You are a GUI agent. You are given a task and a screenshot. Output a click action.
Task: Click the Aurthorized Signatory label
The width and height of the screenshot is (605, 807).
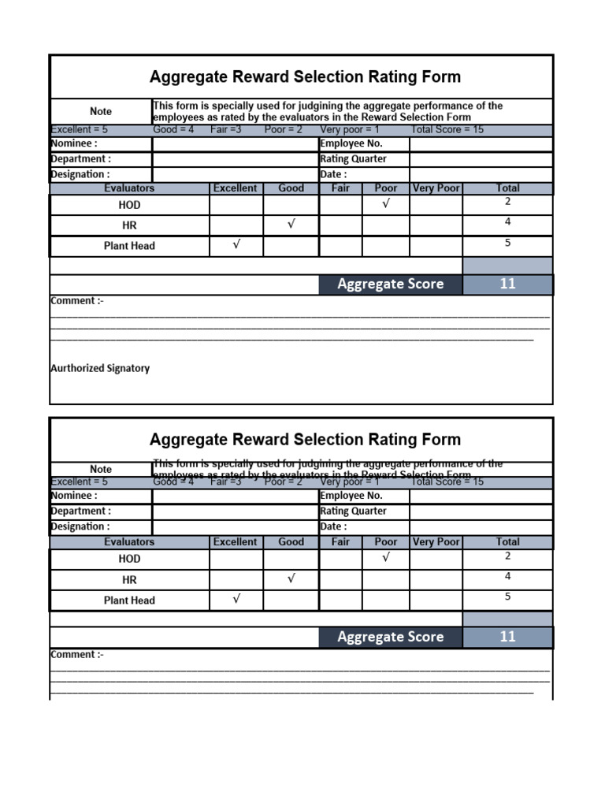pos(100,368)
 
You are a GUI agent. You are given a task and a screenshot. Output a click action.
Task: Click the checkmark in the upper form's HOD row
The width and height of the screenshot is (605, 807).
pos(385,205)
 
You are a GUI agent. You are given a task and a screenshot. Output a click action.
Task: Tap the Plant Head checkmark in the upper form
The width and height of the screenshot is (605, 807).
pos(236,245)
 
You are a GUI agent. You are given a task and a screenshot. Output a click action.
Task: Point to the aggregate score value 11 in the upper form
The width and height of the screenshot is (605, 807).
pos(507,284)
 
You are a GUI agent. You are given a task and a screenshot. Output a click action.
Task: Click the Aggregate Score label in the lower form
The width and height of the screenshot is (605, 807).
pos(390,637)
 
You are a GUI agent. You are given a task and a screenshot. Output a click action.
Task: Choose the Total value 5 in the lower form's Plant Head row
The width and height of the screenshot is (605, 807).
pos(507,597)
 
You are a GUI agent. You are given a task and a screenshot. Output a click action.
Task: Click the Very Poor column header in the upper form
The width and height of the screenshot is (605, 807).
pos(436,188)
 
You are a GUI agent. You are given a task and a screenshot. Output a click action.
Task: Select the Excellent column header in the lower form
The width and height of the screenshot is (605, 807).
pos(235,542)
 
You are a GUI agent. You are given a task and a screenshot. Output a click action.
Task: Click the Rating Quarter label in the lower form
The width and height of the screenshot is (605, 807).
pos(354,511)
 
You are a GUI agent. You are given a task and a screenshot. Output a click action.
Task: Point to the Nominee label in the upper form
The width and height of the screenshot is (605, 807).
pos(74,143)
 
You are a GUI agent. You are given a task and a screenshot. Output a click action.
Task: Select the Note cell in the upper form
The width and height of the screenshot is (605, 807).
pos(101,111)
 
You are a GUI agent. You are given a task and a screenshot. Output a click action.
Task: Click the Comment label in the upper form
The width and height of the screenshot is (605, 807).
pos(77,300)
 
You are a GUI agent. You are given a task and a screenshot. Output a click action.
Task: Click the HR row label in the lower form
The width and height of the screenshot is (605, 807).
pos(129,579)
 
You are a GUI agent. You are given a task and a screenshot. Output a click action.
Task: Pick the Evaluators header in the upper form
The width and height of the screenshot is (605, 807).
pos(129,188)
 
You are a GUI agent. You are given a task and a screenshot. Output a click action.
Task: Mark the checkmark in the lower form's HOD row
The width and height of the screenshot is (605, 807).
pos(385,559)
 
